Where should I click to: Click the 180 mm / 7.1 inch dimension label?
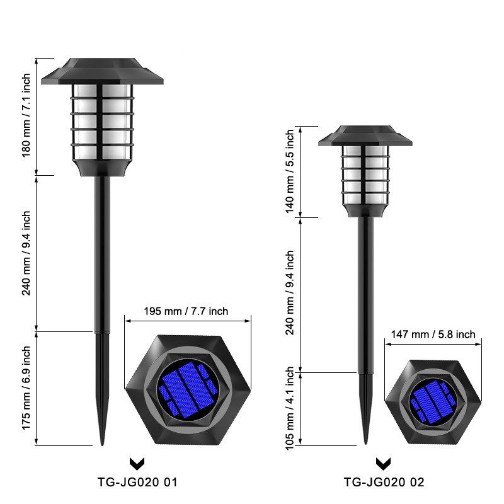coord(26,115)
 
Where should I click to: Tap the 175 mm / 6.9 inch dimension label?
coord(26,388)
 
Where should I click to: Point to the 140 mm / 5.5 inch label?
coord(290,171)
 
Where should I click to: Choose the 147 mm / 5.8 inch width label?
coord(433,335)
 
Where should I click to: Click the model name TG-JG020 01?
coord(137,483)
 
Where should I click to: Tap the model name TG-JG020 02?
coord(384,483)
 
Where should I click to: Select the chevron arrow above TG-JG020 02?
coord(382,464)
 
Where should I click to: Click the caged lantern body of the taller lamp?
coord(102,123)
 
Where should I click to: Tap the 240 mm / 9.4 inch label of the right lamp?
coord(290,294)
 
